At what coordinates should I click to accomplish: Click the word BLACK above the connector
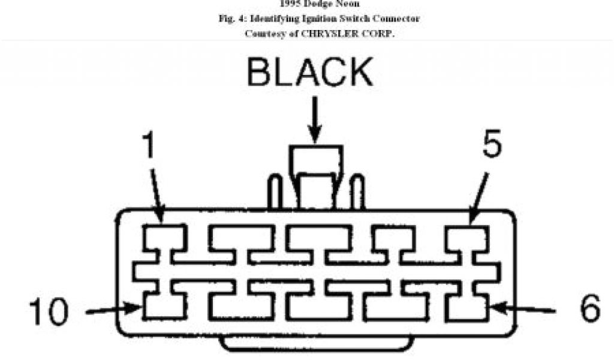(310, 73)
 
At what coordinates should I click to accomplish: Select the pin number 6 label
(589, 310)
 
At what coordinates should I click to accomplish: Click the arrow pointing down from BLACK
(315, 120)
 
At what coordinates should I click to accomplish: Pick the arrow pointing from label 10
(113, 311)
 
